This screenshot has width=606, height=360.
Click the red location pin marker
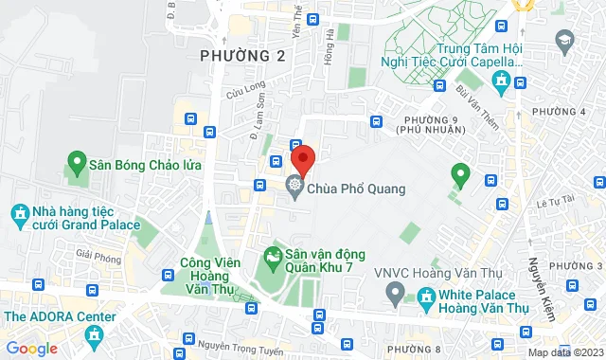click(302, 158)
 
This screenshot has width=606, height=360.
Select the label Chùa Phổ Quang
click(356, 189)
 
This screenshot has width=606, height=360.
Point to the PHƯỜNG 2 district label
click(243, 57)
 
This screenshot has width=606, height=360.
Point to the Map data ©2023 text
click(565, 352)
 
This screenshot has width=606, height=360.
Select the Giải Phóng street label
click(96, 254)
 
